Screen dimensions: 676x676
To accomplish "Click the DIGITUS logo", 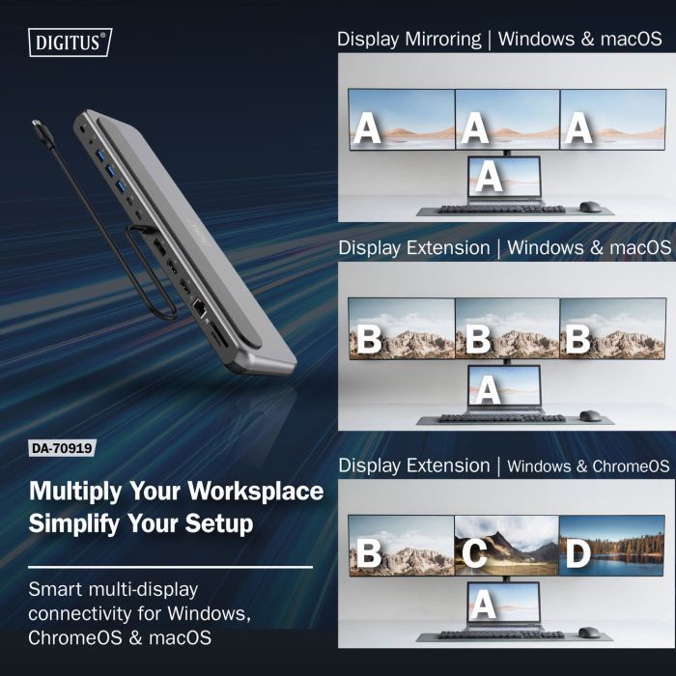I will [x=72, y=42].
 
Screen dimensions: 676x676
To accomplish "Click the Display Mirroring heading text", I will [x=408, y=40].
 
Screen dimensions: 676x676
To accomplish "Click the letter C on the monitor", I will [x=475, y=552].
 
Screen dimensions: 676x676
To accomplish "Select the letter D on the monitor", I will [x=578, y=554].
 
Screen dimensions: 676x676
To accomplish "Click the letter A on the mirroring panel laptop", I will [x=491, y=177].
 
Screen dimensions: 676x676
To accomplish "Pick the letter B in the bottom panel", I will [x=369, y=554].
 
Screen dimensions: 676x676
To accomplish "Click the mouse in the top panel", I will [x=589, y=206].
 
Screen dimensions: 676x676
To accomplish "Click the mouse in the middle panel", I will [x=589, y=416].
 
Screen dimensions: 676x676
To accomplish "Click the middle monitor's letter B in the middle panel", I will [x=475, y=340].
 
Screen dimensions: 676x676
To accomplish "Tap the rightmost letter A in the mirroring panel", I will [x=577, y=127].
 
